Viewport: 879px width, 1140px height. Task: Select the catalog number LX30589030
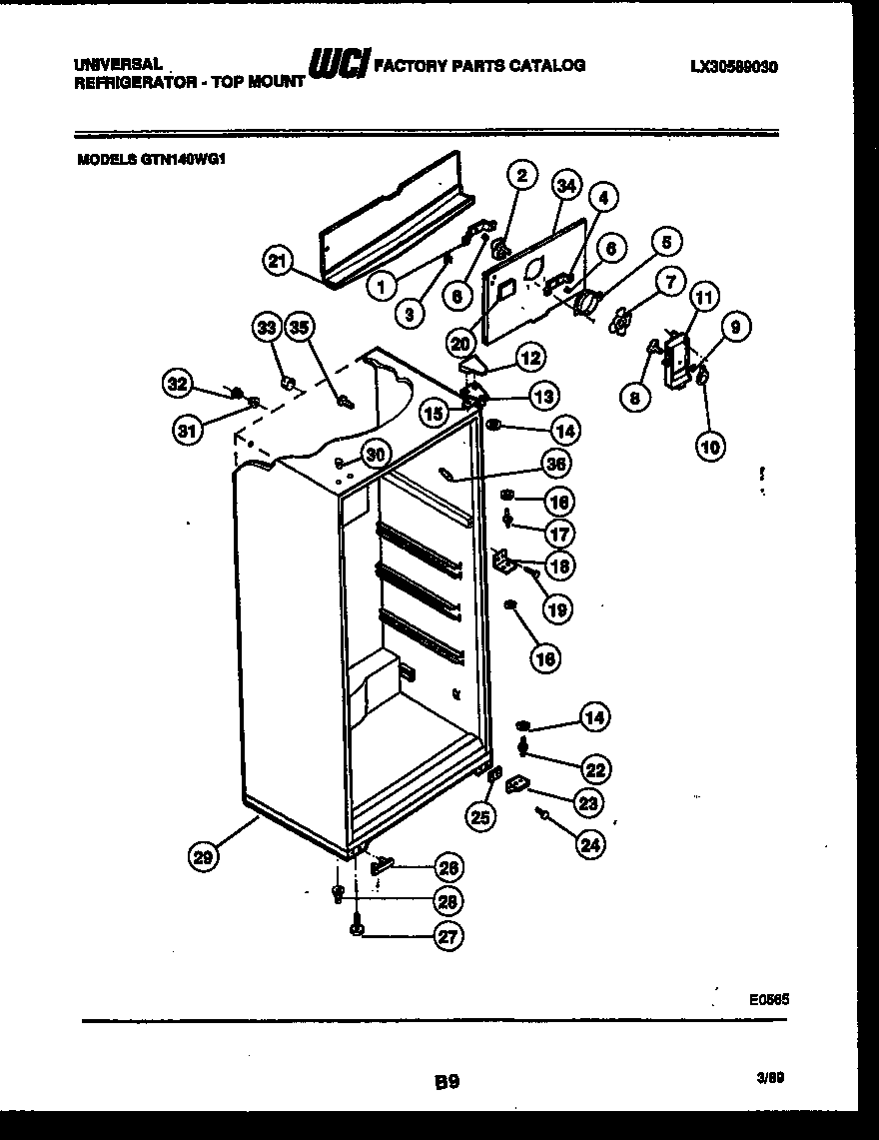734,68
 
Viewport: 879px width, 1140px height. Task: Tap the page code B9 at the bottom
446,1080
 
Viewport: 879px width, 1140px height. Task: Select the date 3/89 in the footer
769,1077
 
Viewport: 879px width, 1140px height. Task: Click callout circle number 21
279,262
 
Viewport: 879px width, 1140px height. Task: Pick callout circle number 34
566,185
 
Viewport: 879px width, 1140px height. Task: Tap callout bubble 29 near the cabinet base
204,854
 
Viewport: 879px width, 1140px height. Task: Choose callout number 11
704,297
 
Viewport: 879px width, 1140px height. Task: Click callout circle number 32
177,383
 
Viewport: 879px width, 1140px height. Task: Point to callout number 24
590,844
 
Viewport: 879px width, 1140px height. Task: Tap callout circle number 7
669,282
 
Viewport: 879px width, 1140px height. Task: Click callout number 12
529,356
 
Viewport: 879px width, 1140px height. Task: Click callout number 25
479,817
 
